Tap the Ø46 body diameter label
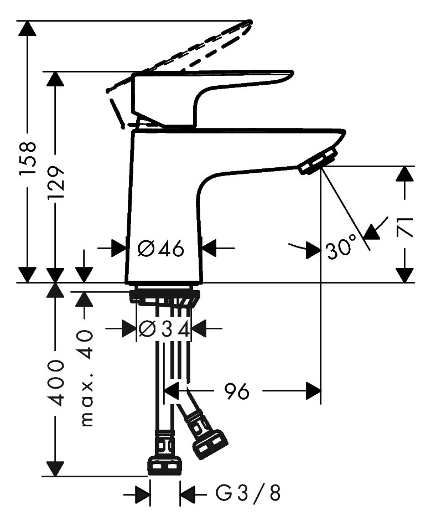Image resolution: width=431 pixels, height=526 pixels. click(x=161, y=249)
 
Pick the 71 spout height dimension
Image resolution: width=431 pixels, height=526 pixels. click(x=404, y=227)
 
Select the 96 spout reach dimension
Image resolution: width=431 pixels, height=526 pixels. click(x=237, y=391)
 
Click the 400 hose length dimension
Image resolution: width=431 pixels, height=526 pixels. click(x=55, y=384)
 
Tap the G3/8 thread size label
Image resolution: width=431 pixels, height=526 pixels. click(x=247, y=493)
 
